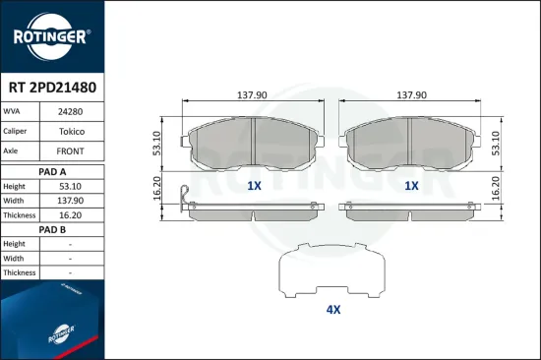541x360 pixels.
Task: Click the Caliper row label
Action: [17, 132]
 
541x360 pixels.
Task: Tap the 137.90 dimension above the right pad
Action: [411, 95]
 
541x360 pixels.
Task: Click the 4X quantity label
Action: [332, 310]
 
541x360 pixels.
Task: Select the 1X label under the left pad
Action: [254, 185]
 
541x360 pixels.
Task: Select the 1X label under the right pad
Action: [411, 185]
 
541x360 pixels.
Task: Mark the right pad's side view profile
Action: [411, 208]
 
